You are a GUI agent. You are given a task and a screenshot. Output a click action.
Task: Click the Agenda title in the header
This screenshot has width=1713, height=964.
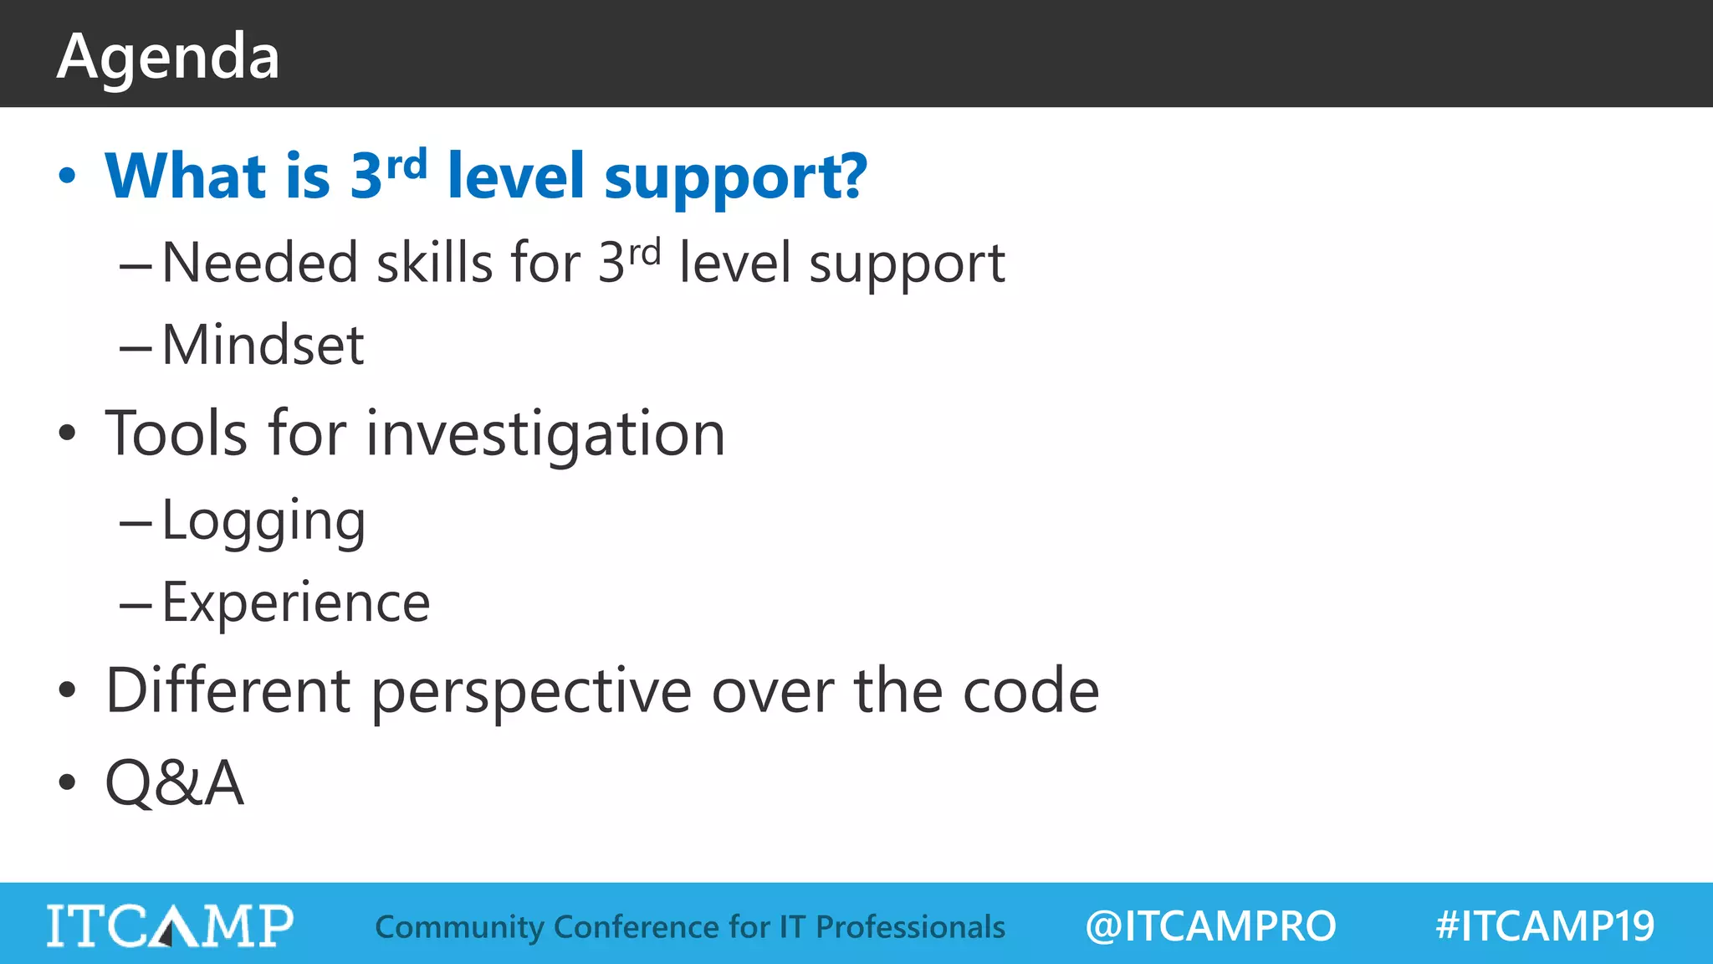coord(168,57)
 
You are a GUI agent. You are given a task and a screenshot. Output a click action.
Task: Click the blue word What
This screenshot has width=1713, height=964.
coord(186,177)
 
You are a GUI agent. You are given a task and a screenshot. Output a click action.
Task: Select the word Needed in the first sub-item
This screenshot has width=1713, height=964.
coord(259,263)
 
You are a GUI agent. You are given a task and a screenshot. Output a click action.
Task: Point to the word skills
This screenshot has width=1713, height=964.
coord(435,263)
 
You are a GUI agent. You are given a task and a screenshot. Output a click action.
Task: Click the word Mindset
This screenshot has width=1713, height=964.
coord(263,345)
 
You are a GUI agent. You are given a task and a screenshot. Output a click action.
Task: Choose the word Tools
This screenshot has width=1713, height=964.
coord(176,433)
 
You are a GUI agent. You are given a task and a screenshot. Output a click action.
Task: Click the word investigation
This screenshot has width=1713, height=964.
coord(545,435)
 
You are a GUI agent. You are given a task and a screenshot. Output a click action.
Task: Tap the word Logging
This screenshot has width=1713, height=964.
coord(263,521)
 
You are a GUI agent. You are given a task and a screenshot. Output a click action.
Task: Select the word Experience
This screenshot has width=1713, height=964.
coord(295,602)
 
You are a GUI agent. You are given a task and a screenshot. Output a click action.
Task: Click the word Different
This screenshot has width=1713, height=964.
coord(228,691)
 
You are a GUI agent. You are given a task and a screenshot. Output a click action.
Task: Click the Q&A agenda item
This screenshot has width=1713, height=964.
coord(174,783)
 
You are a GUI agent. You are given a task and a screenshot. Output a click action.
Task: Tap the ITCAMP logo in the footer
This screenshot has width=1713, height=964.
coord(170,925)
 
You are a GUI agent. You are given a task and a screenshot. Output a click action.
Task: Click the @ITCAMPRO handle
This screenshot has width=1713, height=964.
coord(1210,926)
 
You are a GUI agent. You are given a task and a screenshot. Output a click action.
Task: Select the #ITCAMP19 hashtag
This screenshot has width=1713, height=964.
coord(1545,926)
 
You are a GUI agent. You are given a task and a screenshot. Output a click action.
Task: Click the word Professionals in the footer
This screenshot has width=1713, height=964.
coord(910,927)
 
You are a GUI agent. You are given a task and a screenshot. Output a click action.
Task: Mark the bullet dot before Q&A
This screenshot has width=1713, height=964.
coord(67,783)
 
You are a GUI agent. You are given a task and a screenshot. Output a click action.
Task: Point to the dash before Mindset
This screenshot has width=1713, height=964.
coord(135,346)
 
